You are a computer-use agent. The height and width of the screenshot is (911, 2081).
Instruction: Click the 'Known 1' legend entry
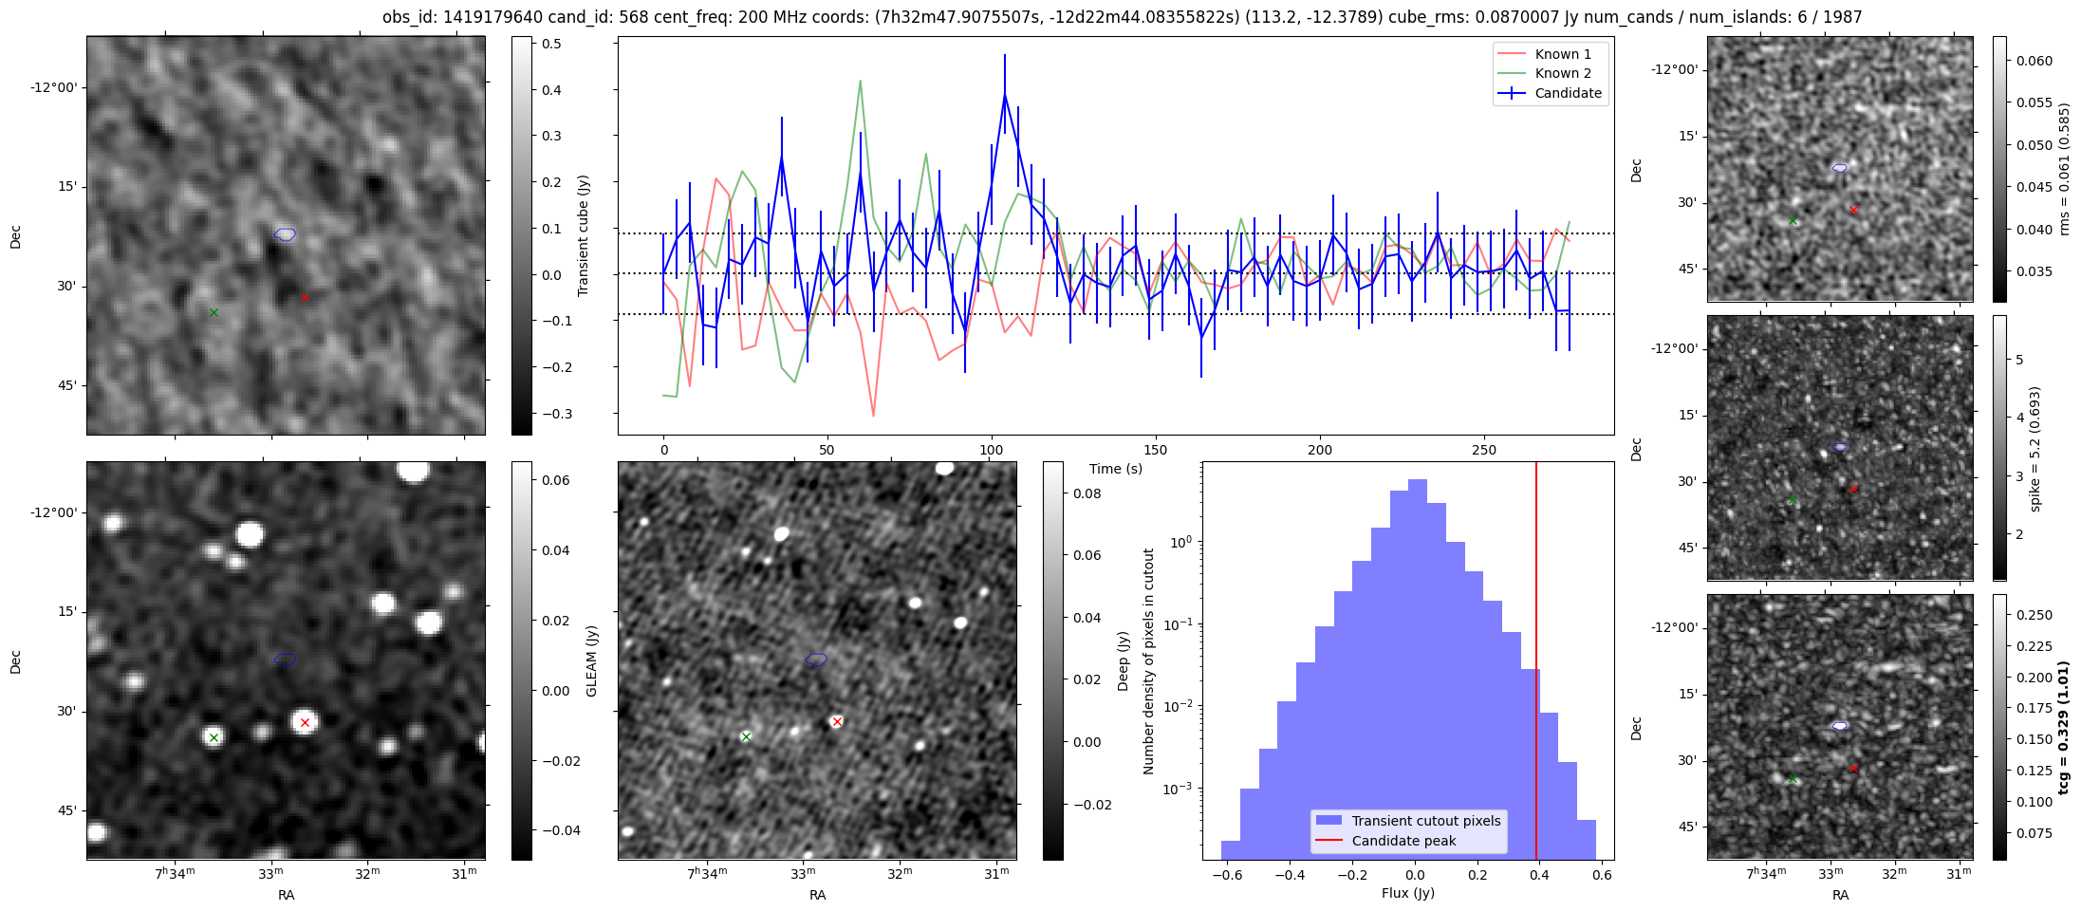click(1562, 54)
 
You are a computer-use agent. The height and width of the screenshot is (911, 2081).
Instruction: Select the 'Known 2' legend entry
click(1562, 73)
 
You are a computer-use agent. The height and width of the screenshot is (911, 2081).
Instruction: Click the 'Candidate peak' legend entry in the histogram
click(1403, 841)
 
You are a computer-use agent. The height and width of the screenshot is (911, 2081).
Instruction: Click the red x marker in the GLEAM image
click(305, 722)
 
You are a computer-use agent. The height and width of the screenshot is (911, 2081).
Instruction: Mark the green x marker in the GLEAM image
click(214, 737)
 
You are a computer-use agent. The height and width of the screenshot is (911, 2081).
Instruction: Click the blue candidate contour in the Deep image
click(816, 660)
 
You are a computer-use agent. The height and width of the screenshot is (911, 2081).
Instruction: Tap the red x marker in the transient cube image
click(305, 297)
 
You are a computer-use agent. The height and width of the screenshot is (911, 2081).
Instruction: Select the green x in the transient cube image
click(214, 312)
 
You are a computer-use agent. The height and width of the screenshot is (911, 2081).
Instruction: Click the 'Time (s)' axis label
click(1115, 469)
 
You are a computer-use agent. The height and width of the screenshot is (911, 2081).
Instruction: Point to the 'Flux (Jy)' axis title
click(1407, 893)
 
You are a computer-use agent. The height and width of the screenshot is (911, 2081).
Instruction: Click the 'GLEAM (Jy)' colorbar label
click(592, 660)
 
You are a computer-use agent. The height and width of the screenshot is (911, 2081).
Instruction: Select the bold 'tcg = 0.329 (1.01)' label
click(2063, 728)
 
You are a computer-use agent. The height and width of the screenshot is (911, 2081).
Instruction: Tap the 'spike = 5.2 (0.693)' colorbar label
click(2035, 449)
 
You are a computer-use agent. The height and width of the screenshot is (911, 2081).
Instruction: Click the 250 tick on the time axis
click(1483, 450)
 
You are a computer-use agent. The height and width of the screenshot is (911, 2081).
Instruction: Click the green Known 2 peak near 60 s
click(860, 81)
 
